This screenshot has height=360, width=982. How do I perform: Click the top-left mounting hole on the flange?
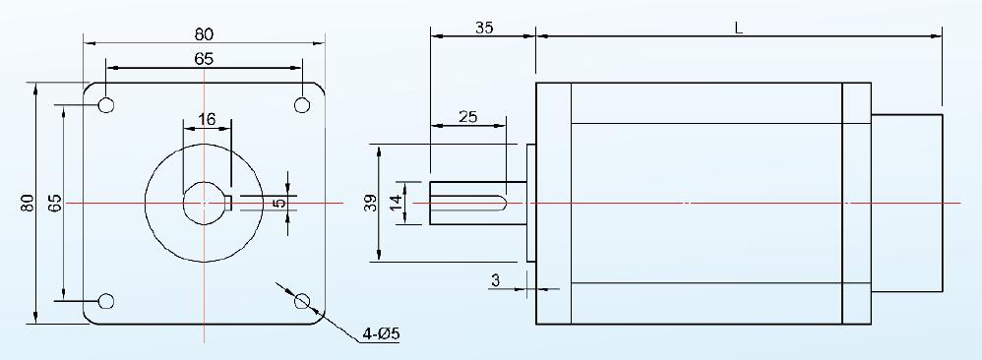tap(106, 105)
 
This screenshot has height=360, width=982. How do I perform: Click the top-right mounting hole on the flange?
tap(302, 105)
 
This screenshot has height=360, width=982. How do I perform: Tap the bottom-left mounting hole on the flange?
tap(106, 301)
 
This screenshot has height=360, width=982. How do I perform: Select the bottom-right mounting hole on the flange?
tap(302, 301)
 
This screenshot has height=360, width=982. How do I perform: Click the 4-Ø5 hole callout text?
tap(381, 334)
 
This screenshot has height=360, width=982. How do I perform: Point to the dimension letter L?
tap(739, 28)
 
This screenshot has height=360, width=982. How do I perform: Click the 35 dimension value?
tap(484, 28)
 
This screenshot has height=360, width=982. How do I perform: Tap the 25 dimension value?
tap(467, 116)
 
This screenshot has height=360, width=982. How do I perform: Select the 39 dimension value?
tap(371, 203)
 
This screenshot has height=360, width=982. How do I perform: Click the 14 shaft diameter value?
tap(395, 203)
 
